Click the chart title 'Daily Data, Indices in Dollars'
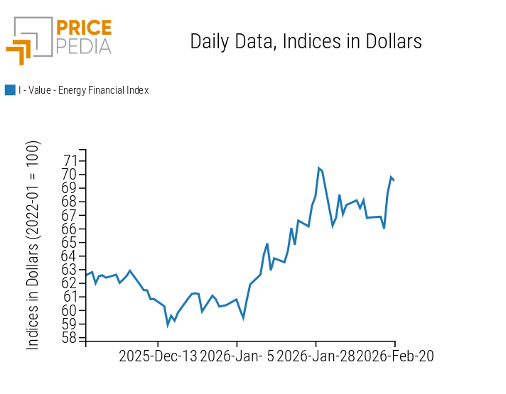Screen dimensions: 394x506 306,41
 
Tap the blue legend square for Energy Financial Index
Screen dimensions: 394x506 10,90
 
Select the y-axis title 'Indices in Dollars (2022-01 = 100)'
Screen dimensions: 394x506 33,245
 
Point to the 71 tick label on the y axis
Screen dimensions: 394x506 70,160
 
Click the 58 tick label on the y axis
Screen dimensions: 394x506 70,338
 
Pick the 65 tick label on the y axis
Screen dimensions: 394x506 70,242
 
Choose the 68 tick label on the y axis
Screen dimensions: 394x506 70,202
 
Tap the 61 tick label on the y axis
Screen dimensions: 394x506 70,297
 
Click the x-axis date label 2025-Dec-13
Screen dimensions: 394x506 158,356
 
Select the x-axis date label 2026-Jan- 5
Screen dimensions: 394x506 237,356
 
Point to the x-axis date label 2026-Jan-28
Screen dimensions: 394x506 316,356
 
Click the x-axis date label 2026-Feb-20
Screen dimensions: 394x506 395,356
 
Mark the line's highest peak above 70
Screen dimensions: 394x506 319,168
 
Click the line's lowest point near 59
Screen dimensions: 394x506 168,324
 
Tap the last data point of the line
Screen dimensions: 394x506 394,180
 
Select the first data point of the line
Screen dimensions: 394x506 86,275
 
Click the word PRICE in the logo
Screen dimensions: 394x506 83,29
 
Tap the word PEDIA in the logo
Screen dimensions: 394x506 83,46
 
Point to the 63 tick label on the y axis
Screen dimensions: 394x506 70,270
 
